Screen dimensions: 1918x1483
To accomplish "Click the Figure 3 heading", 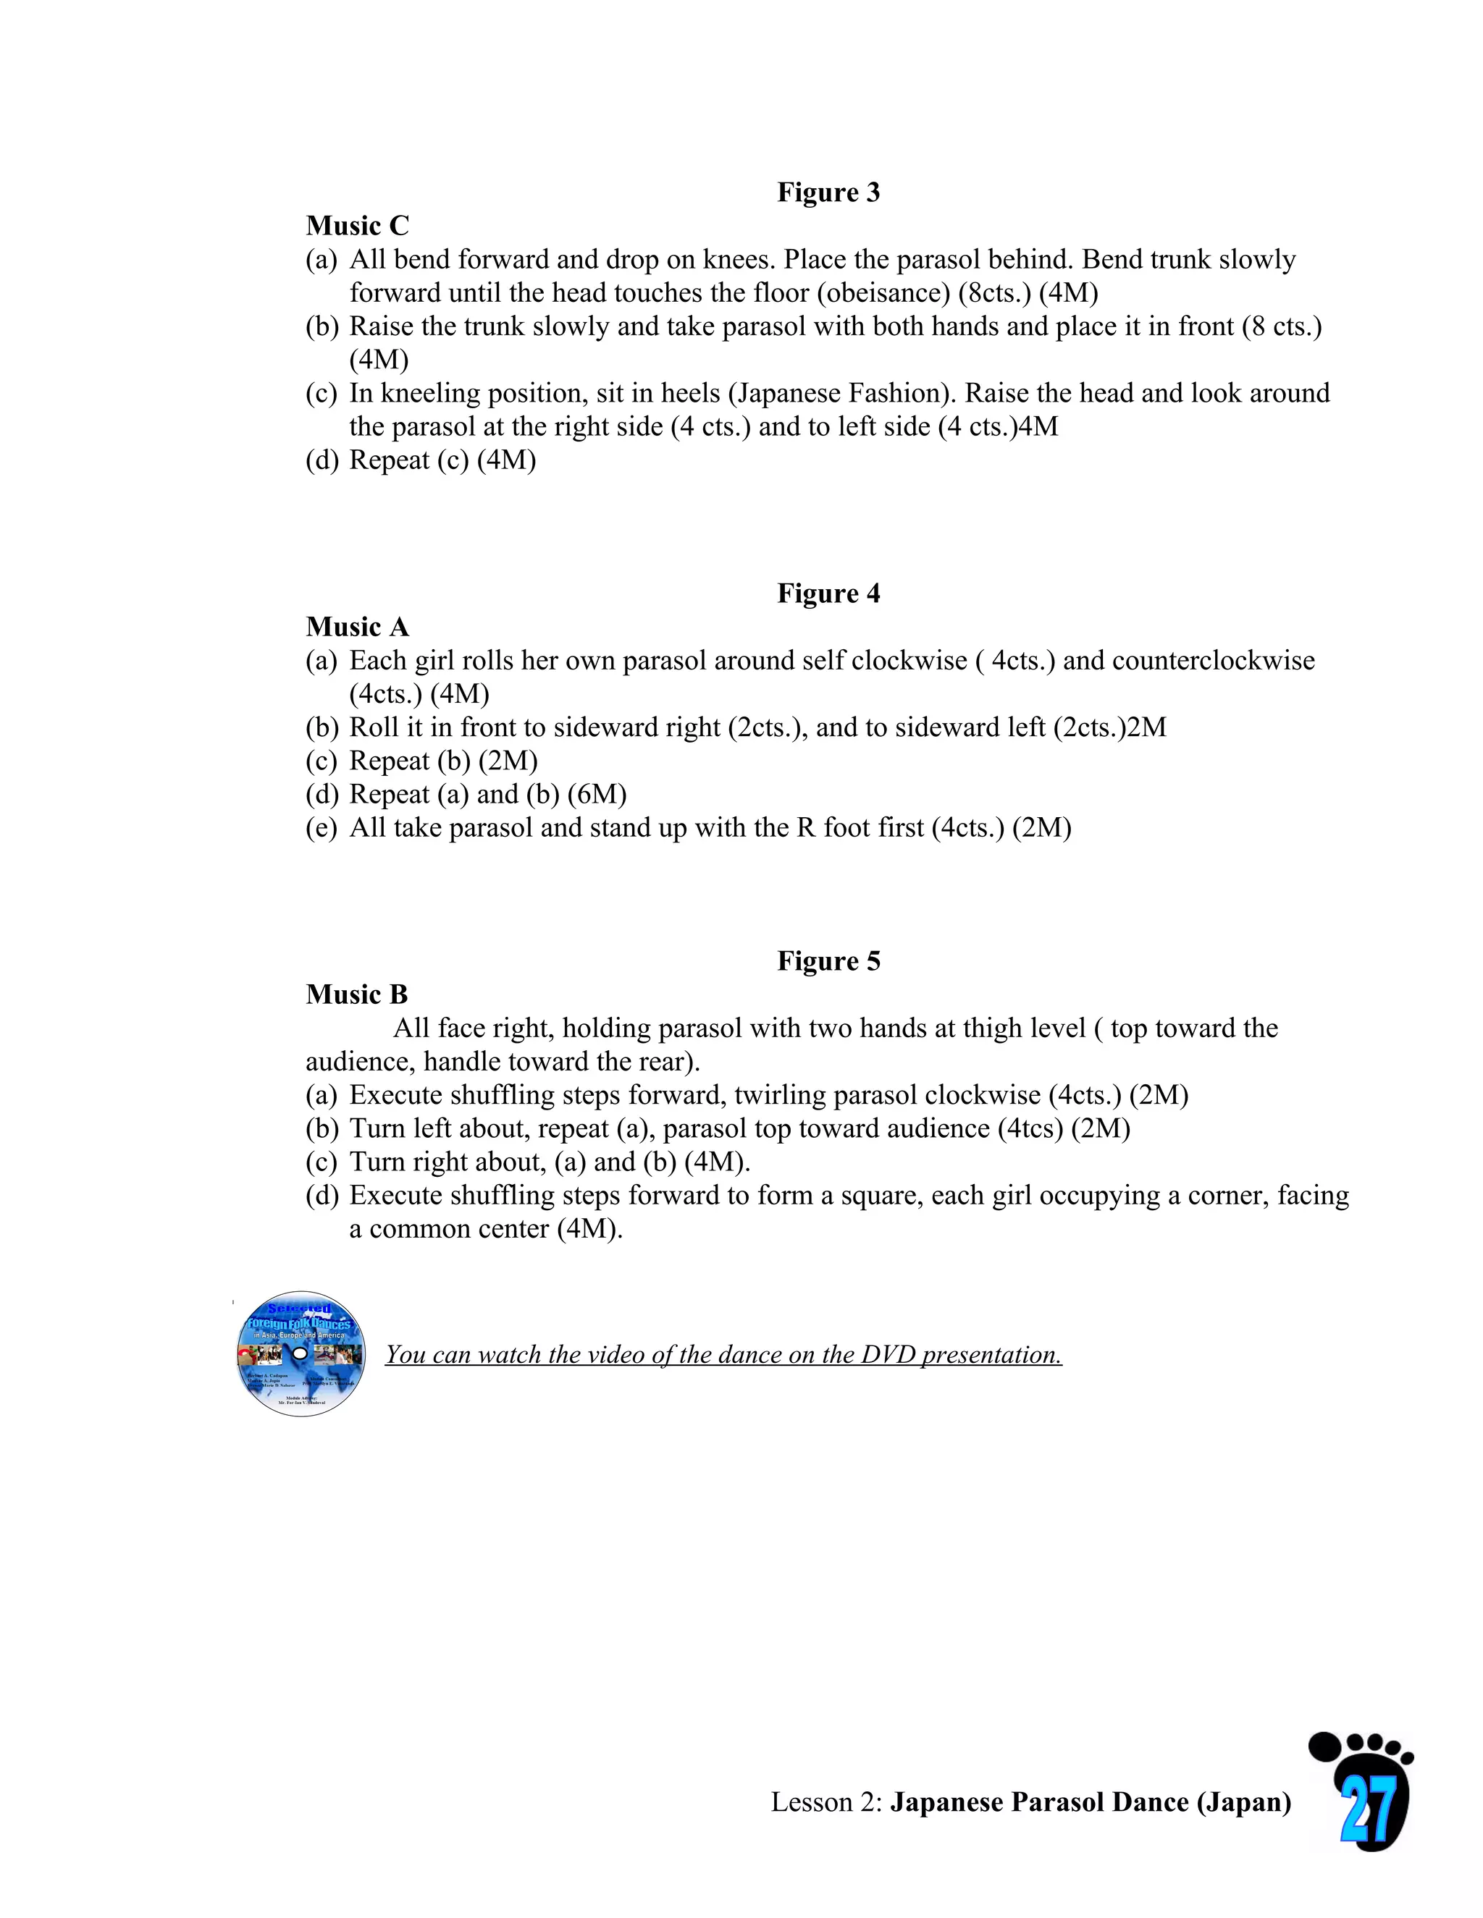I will (x=828, y=193).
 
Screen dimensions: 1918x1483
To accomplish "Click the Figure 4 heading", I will (x=828, y=593).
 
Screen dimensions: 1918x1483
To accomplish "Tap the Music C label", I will (x=357, y=226).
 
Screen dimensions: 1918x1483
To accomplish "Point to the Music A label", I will (x=357, y=627).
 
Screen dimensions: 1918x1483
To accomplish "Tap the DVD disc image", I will (x=301, y=1353).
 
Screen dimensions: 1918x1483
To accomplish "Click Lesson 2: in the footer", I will (x=825, y=1802).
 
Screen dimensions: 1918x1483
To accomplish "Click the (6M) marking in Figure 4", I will (x=597, y=794).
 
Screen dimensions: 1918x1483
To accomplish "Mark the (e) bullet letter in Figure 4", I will (x=321, y=827).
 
